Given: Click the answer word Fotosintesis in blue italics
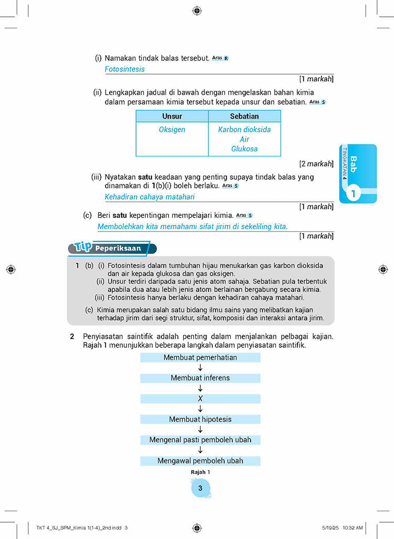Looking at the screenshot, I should click(x=125, y=69).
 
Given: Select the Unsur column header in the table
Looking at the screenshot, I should click(x=172, y=116).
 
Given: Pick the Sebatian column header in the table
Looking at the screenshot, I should click(x=244, y=116).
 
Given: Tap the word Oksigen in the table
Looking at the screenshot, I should click(x=172, y=129).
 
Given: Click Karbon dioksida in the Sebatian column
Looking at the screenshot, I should click(x=244, y=129).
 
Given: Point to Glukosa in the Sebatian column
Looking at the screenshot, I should click(x=244, y=149).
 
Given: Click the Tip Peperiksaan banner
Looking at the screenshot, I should click(x=112, y=248).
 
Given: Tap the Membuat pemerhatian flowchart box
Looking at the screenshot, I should click(x=200, y=357).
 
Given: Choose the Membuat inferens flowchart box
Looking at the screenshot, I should click(x=200, y=378).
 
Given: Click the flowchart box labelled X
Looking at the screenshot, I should click(x=200, y=399).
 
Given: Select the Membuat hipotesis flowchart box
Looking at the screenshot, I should click(x=200, y=419).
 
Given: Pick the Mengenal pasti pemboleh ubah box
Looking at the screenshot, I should click(x=200, y=440).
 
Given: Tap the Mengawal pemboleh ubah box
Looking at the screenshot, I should click(x=200, y=461).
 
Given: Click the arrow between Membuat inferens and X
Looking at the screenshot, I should click(x=200, y=388).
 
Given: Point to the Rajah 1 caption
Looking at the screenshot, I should click(x=200, y=472).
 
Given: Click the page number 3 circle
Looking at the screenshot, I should click(x=200, y=489).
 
